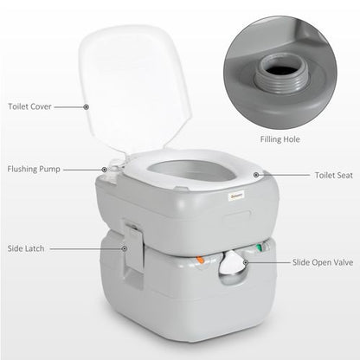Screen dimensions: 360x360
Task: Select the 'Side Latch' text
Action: [x=28, y=247]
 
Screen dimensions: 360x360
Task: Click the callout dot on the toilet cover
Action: [x=86, y=106]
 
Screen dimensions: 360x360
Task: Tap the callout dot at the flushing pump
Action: [x=106, y=170]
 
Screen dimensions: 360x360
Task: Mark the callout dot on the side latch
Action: [x=124, y=248]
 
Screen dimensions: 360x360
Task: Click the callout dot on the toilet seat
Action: [x=256, y=174]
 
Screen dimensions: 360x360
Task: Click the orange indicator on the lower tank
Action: [x=200, y=258]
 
